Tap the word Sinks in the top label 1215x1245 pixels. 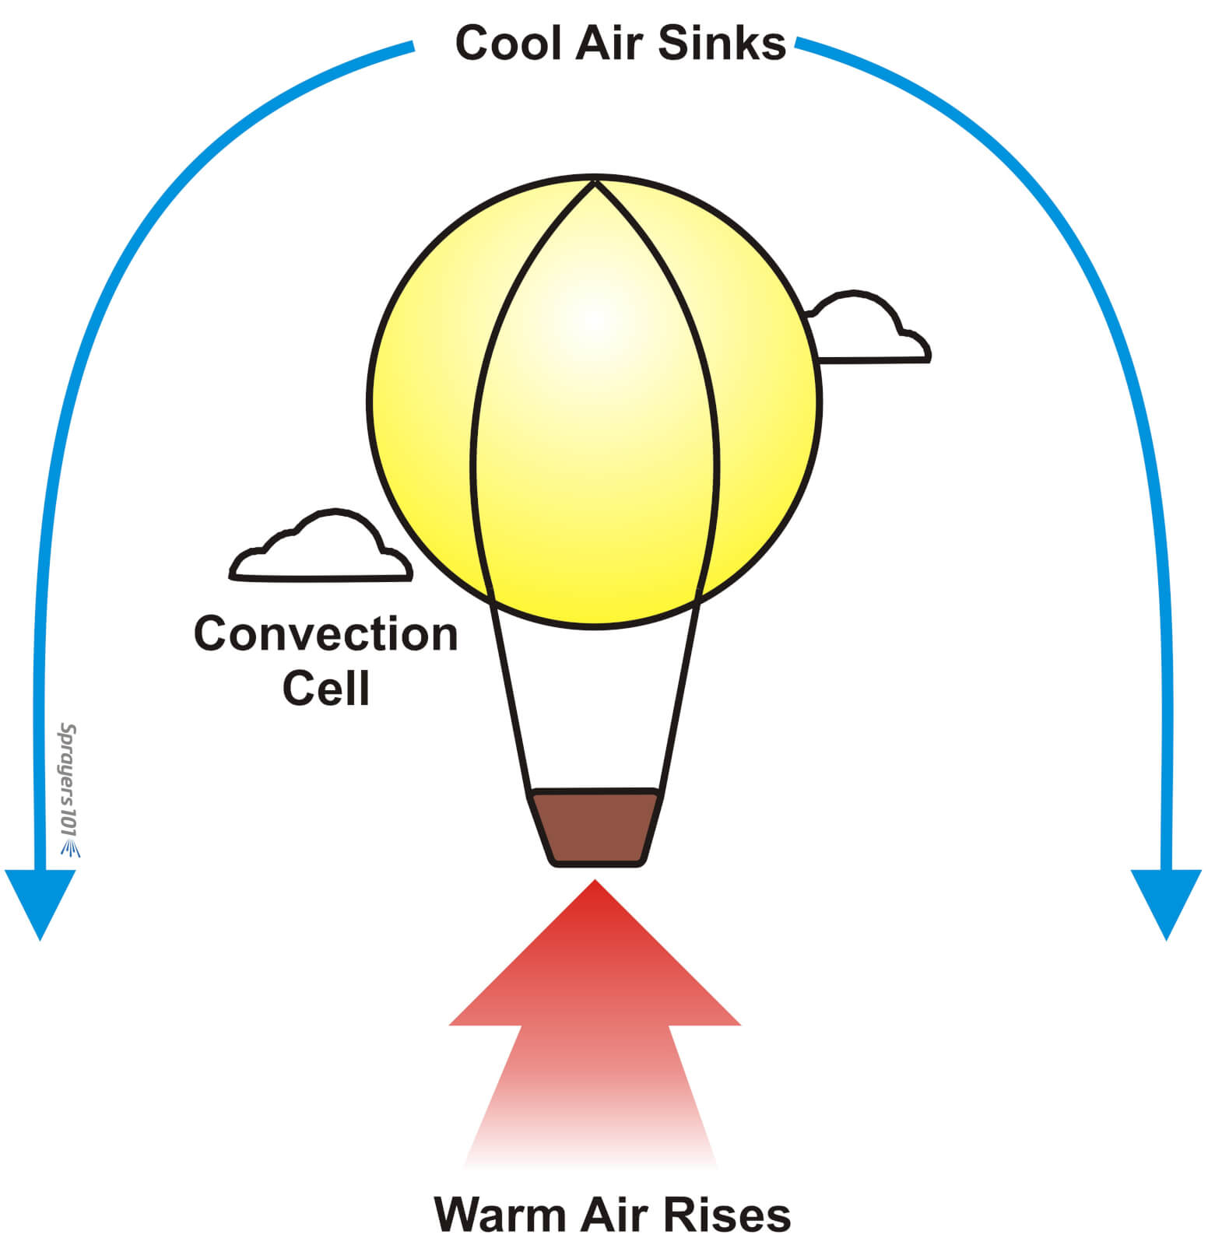722,43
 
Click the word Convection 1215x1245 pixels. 325,634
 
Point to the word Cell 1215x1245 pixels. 325,688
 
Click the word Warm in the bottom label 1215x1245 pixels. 500,1214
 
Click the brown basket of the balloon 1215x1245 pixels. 596,827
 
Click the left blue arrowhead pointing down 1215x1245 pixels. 40,903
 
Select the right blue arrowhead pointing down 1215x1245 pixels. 1166,903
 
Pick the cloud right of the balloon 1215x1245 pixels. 868,331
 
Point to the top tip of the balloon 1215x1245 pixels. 595,182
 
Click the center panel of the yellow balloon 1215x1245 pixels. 595,405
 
